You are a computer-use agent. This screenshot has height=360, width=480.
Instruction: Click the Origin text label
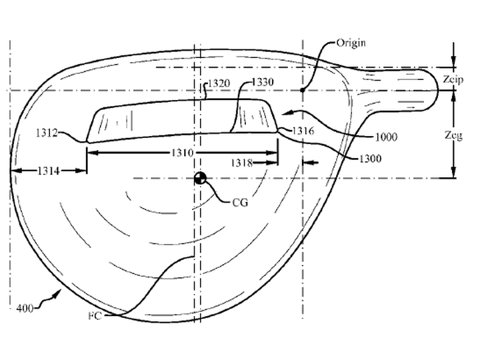[x=351, y=43]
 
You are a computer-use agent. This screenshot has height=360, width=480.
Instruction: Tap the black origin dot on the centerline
[x=303, y=90]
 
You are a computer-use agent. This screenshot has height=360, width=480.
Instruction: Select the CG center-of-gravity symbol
[x=201, y=178]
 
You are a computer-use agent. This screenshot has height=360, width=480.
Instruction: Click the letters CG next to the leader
[x=240, y=203]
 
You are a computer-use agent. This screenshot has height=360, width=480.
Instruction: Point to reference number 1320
[x=219, y=83]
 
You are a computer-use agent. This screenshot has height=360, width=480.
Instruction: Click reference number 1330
[x=263, y=82]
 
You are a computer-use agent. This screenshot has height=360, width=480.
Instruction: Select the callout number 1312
[x=47, y=133]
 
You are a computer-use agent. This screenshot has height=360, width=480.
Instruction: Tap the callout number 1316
[x=303, y=131]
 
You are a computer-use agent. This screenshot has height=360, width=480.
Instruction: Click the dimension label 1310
[x=183, y=153]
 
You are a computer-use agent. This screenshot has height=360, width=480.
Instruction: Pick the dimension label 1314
[x=49, y=171]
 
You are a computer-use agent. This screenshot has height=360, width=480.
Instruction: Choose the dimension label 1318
[x=242, y=163]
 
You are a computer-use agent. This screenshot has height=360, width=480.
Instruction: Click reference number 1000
[x=386, y=137]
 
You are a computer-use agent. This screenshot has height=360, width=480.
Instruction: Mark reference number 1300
[x=370, y=159]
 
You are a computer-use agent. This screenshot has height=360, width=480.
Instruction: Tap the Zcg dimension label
[x=453, y=135]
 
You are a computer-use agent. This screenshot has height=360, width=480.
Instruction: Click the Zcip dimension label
[x=453, y=79]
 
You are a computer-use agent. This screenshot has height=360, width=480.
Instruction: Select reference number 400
[x=25, y=308]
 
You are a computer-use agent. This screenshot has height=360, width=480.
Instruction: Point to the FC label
[x=95, y=315]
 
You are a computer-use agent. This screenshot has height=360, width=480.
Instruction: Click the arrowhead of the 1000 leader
[x=285, y=113]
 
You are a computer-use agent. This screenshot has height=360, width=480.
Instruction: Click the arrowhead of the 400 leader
[x=57, y=293]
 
